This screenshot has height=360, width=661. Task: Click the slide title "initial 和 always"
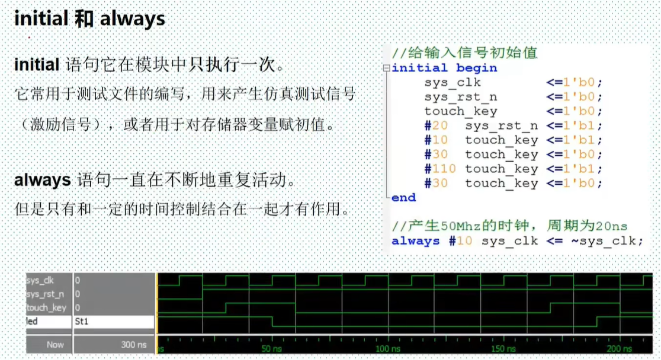click(89, 19)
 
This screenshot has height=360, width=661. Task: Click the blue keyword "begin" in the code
click(476, 68)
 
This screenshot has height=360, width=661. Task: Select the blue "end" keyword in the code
click(403, 197)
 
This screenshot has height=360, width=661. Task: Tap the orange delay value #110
click(439, 169)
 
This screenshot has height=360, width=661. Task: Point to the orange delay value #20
click(436, 125)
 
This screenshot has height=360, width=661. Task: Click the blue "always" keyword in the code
click(415, 241)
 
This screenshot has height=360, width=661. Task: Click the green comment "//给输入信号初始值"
click(464, 53)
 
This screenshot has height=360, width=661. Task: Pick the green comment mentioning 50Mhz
click(509, 226)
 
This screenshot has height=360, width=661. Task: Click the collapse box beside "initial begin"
click(386, 68)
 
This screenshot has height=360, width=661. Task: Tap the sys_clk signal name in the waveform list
click(40, 280)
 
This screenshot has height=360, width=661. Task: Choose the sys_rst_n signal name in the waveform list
click(46, 294)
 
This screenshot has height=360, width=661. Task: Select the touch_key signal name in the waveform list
click(46, 308)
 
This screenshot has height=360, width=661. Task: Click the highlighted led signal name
click(32, 322)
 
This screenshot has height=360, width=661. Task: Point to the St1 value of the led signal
click(82, 322)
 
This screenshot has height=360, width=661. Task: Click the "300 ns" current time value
click(134, 345)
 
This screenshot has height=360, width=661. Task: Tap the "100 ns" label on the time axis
click(388, 349)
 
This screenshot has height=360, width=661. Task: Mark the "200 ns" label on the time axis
click(620, 349)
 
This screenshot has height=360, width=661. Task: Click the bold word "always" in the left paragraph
click(42, 180)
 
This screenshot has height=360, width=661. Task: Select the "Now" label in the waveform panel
click(55, 345)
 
